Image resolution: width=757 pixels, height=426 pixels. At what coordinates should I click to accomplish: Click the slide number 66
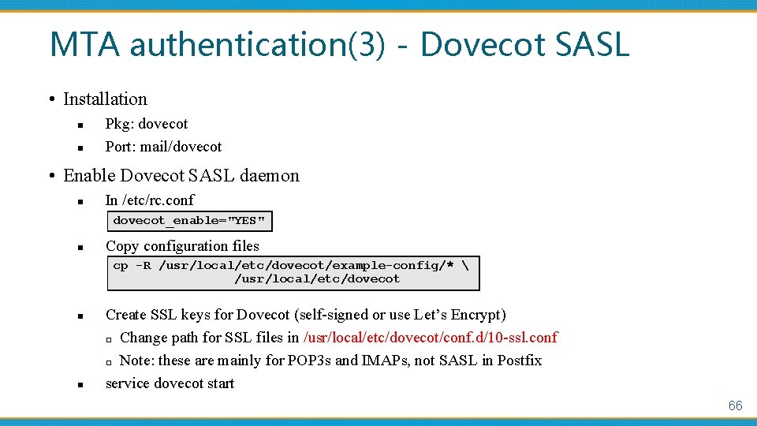(735, 405)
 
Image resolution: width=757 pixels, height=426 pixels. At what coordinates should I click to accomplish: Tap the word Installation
(105, 99)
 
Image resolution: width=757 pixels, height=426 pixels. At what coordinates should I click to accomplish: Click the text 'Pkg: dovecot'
(147, 124)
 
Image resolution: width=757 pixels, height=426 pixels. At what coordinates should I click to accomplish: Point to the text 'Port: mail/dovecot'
(163, 147)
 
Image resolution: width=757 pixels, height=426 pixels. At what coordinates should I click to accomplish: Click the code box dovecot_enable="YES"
(189, 220)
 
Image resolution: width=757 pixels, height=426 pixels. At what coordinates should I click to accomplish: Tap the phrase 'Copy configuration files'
(182, 246)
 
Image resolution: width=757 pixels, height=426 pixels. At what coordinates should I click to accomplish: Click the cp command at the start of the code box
(121, 266)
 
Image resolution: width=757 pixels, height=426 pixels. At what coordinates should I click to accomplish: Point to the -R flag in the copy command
(143, 266)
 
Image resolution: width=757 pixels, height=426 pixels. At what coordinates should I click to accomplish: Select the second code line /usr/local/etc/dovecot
(317, 278)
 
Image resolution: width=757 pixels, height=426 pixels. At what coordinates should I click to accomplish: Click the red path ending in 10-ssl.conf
(430, 338)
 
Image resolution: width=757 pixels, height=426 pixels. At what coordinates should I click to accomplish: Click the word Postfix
(519, 361)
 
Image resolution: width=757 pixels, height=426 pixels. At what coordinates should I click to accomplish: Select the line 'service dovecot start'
(170, 383)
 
